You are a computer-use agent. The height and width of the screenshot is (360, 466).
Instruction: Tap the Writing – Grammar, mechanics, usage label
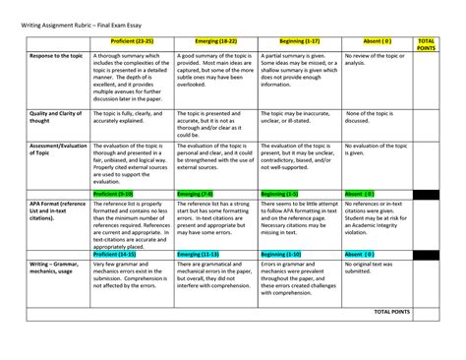[51, 269]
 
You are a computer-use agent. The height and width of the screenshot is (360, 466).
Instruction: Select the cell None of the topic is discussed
[369, 118]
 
